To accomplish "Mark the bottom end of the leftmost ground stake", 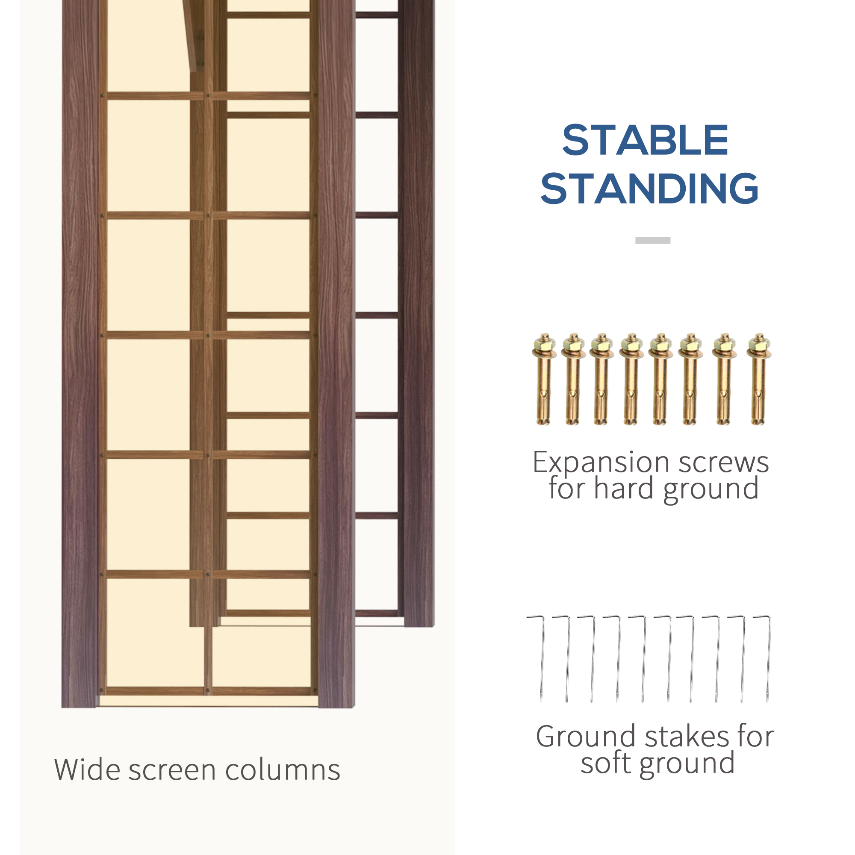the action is click(541, 702).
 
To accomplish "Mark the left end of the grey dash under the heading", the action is click(636, 240).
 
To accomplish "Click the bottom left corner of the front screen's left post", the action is click(62, 708).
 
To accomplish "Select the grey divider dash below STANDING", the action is click(653, 240).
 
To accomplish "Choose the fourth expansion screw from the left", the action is click(631, 379).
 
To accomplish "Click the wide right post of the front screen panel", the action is click(337, 354).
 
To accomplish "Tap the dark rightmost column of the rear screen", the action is click(419, 313).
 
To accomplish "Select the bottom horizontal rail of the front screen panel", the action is click(208, 691).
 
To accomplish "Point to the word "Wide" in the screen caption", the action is click(87, 769).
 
